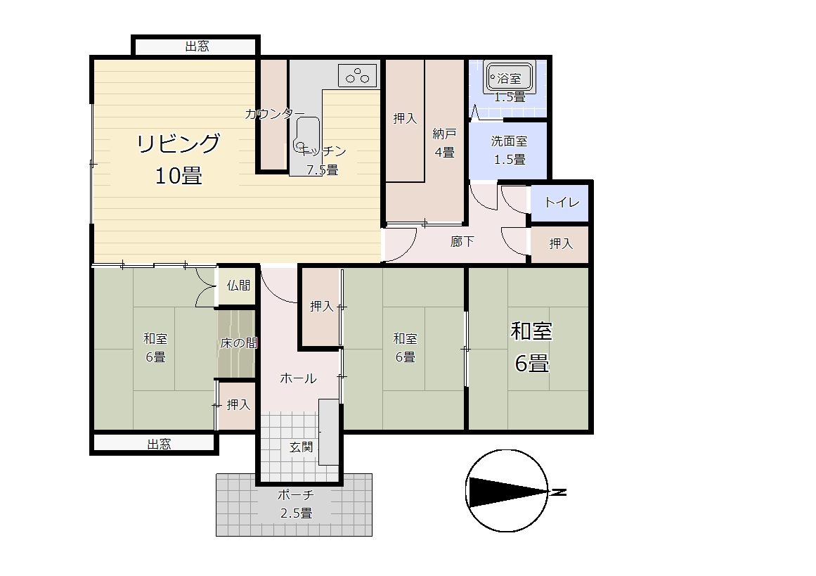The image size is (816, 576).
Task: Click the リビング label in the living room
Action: (179, 143)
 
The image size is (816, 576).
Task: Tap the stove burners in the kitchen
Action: (358, 75)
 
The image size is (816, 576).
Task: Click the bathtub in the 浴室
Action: (509, 78)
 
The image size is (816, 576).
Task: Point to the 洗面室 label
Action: (509, 141)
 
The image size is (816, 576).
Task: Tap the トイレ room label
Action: (562, 202)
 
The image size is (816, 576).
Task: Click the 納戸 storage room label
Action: (444, 134)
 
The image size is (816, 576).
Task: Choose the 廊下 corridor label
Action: (462, 242)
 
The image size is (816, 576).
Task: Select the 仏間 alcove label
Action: (238, 286)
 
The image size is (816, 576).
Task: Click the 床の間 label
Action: (239, 343)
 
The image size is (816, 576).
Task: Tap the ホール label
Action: (298, 378)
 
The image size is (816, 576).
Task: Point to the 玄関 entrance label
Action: (301, 447)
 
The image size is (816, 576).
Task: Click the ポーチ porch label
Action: (296, 494)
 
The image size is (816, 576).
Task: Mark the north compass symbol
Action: (507, 491)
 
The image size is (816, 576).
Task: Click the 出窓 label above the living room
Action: (197, 46)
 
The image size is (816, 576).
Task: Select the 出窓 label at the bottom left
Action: (159, 444)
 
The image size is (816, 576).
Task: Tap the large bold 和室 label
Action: (531, 331)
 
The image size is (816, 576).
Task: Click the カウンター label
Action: (275, 113)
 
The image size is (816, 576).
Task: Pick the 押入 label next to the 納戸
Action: (405, 119)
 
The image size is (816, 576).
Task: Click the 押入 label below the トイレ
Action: (561, 243)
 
